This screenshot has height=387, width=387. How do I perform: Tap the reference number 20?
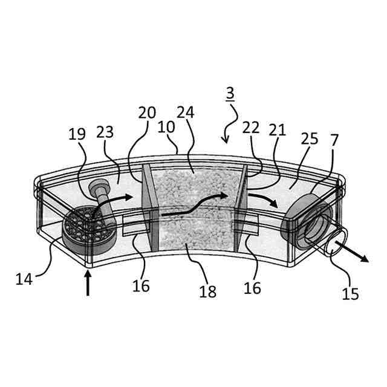[146, 113]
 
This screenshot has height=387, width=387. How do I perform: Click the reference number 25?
[310, 139]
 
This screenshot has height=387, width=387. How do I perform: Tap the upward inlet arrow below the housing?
[88, 283]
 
